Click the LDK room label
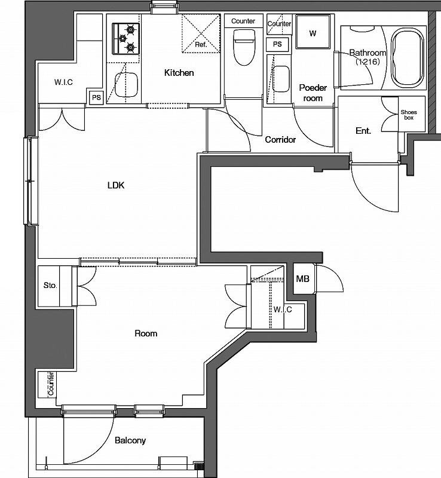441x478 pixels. point(116,185)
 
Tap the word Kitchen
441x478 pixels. point(179,72)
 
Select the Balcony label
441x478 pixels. point(130,440)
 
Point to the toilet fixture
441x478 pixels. point(244,47)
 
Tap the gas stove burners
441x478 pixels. point(126,39)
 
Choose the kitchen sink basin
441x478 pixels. point(126,85)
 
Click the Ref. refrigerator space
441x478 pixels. point(201,33)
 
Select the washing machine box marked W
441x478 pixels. point(313,32)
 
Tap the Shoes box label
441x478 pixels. point(409,115)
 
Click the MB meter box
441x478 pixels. point(302,278)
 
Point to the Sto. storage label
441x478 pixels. point(50,286)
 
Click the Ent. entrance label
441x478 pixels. point(363,131)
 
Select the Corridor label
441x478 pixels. point(280,140)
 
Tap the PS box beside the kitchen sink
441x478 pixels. point(96,97)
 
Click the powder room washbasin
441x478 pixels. point(281,79)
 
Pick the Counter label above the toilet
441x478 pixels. point(243,21)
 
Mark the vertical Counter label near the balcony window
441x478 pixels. point(51,383)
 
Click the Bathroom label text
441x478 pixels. point(368,53)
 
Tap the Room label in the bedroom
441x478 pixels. point(146,333)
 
